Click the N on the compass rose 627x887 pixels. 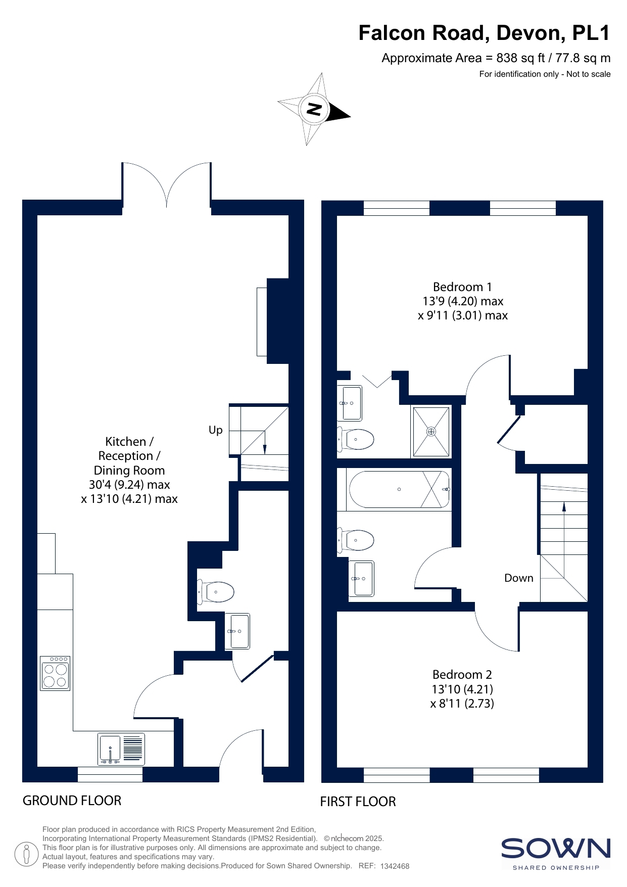pos(314,109)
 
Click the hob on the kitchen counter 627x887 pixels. pos(55,673)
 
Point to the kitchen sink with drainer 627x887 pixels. pos(121,749)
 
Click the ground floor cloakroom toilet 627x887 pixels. pos(216,592)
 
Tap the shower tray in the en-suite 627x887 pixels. pos(431,432)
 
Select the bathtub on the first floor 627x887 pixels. pos(399,489)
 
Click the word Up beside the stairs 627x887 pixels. pos(216,430)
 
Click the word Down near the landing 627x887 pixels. pos(519,578)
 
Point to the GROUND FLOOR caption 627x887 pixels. pos(72,801)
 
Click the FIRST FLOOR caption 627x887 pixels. pos(358,802)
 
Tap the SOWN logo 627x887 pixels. pos(556,854)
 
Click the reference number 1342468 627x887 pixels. pos(395,866)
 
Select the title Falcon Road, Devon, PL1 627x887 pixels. pos(485,33)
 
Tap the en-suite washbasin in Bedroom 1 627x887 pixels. pos(350,403)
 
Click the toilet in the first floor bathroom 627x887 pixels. pos(356,540)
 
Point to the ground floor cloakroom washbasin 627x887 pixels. pos(237,631)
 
